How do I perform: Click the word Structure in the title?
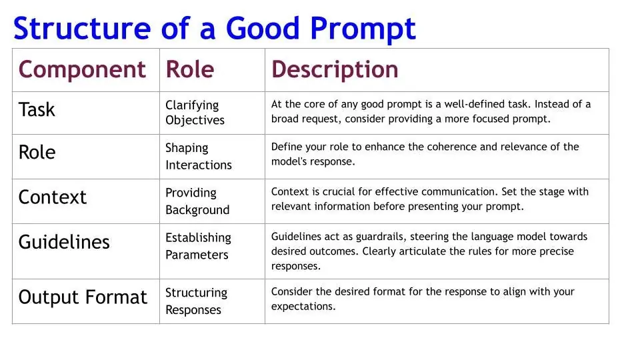pos(82,28)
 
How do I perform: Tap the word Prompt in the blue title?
pos(363,30)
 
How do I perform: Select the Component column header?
pos(82,70)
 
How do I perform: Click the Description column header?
pos(335,69)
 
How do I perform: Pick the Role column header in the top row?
pos(190,69)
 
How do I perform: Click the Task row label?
pos(37,109)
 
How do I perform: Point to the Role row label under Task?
pos(37,152)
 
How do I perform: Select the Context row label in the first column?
pos(52,197)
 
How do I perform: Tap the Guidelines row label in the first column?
pos(64,242)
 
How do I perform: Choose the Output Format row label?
pos(83,297)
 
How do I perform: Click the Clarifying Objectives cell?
pos(195,113)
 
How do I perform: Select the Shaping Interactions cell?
pos(199,156)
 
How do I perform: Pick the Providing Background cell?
pos(197,201)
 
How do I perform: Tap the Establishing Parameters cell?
pos(198,246)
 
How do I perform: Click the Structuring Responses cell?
pos(196,301)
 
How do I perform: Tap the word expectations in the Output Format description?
pos(303,307)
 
